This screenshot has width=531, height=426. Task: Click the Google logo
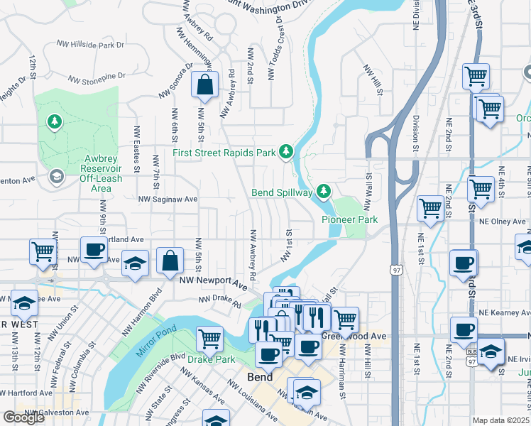(23, 417)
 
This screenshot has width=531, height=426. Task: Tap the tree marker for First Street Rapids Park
(286, 151)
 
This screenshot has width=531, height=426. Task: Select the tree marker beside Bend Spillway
(324, 191)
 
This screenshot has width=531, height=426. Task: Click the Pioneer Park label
(349, 220)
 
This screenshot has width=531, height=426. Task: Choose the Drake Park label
(210, 359)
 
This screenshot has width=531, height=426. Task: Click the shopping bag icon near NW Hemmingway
(204, 85)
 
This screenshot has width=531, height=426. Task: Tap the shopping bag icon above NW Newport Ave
(170, 261)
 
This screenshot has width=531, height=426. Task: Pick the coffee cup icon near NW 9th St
(94, 250)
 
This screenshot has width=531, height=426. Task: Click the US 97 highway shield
(395, 268)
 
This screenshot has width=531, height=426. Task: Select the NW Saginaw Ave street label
(168, 200)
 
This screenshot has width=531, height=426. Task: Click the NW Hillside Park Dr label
(88, 44)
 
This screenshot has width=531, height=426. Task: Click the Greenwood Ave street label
(354, 335)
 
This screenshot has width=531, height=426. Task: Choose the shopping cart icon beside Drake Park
(209, 339)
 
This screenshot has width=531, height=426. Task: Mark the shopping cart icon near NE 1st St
(430, 208)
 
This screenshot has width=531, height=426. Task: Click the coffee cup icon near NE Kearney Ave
(464, 330)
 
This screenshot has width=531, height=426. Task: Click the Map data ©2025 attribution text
(500, 420)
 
